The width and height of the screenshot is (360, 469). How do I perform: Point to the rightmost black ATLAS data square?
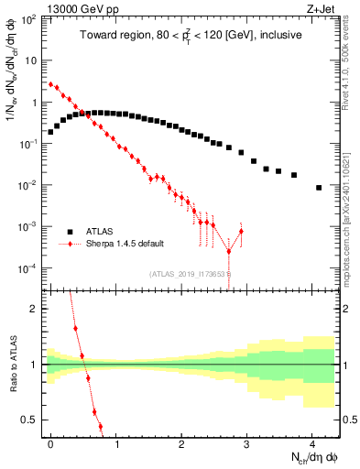319,188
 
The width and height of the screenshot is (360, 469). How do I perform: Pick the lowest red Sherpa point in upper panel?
229,251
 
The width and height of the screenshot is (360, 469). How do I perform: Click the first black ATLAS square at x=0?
50,132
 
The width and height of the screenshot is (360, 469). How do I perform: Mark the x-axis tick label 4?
312,443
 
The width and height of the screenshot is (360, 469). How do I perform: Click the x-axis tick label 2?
181,443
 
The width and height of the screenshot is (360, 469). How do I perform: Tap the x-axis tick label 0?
50,443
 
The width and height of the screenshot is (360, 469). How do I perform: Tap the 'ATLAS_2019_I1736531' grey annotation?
188,274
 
